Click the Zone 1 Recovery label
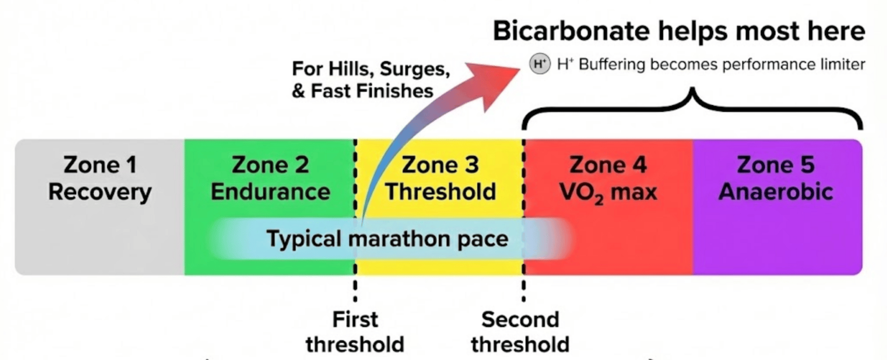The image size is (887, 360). point(100,178)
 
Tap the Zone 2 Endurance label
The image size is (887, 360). point(270,178)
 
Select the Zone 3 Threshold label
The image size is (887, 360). point(440,178)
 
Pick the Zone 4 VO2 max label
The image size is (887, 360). point(608,178)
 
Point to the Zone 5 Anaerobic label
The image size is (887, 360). point(776,178)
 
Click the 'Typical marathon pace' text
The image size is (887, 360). point(387,239)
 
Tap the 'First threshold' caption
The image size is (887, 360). point(355,332)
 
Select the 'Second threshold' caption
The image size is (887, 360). point(520,332)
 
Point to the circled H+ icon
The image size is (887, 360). point(540,64)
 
